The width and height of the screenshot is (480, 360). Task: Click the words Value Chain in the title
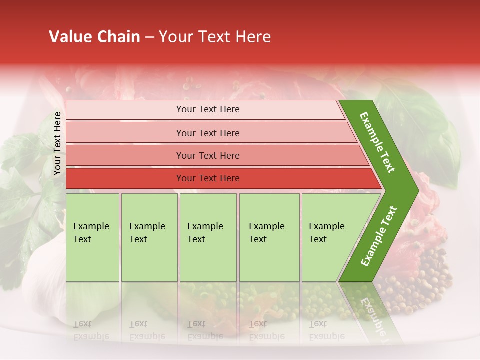[94, 37]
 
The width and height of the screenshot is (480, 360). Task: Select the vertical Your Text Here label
[57, 144]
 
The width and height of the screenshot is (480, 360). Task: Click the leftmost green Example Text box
[92, 237]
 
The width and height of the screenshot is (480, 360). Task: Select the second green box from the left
[149, 237]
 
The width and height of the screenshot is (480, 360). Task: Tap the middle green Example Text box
[208, 237]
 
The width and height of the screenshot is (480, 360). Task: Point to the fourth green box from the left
[269, 237]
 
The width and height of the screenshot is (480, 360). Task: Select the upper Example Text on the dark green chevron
[378, 143]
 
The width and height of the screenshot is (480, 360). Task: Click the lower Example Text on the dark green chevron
[379, 236]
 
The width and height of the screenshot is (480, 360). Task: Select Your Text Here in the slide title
[215, 37]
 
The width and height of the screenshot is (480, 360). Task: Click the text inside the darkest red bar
[208, 178]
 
